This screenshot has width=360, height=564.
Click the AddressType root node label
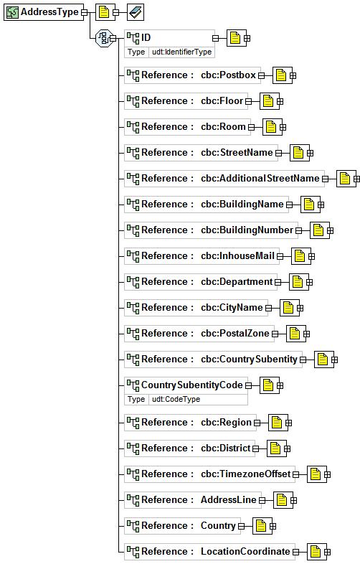coord(49,12)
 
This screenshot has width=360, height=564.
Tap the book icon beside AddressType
coord(136,13)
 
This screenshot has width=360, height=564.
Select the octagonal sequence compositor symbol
coord(104,38)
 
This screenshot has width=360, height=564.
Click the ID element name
coord(146,37)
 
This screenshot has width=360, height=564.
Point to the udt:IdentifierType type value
coord(181,52)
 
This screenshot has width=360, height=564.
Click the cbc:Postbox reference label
coord(228,75)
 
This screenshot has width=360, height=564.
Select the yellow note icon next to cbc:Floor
coord(268,101)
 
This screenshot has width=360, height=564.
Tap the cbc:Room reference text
coord(223,126)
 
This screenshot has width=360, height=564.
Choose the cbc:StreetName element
coord(237,153)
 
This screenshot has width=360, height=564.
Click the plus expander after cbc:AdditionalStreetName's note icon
coord(356,179)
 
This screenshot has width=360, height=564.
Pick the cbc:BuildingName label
coord(242,205)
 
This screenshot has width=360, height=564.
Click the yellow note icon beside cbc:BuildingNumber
coord(318,230)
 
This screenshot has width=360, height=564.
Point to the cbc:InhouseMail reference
coord(237,255)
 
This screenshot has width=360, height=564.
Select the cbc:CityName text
coord(232,308)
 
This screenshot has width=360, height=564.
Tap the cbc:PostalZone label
coord(235,334)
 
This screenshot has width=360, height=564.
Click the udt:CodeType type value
coord(176,399)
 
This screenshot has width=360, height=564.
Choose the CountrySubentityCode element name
coord(191,385)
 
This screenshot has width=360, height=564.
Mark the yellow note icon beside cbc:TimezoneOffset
coord(316,474)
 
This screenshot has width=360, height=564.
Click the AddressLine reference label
coord(228,499)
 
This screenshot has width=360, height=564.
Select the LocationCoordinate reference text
coord(245,551)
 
